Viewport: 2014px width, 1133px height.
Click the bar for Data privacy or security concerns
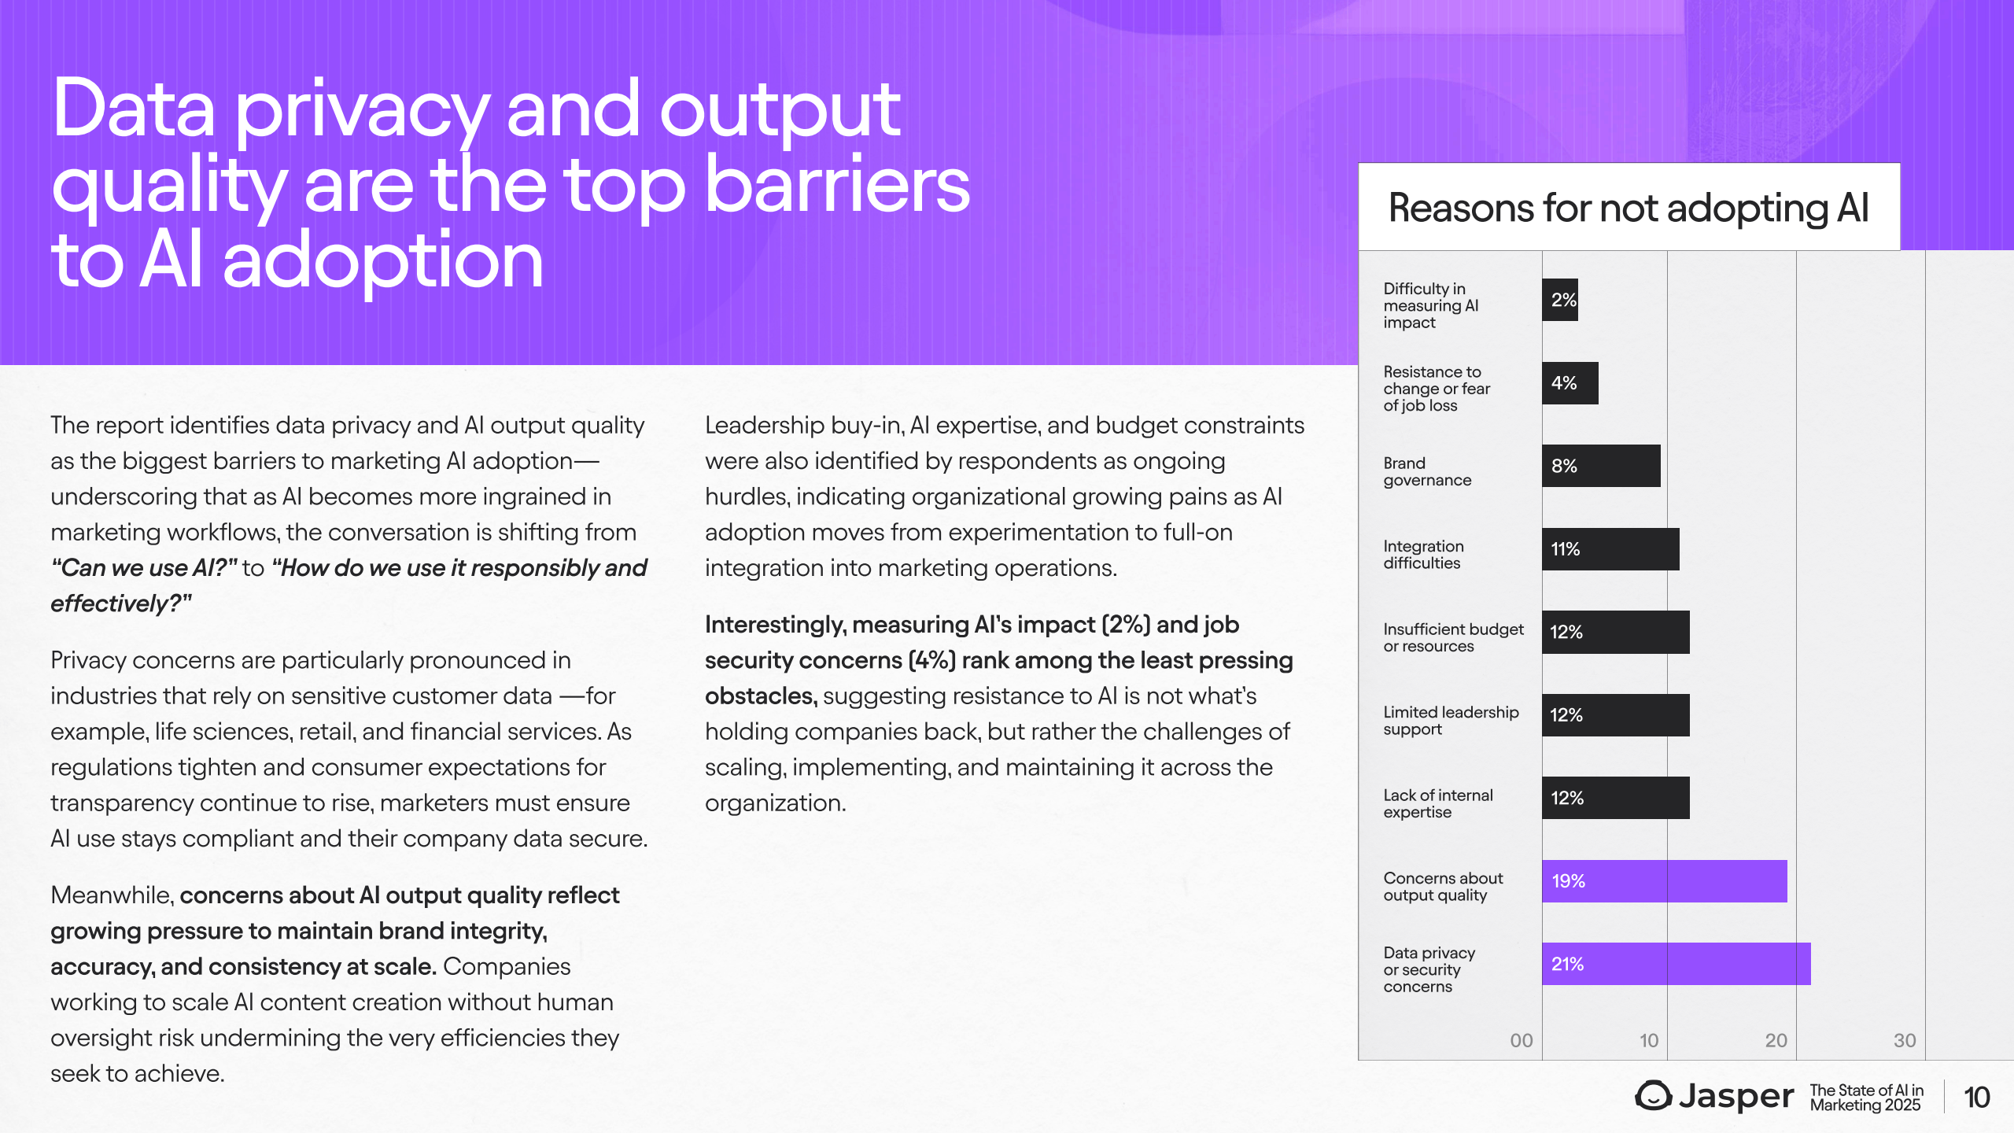pyautogui.click(x=1676, y=964)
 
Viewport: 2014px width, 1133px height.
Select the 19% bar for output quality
pyautogui.click(x=1664, y=881)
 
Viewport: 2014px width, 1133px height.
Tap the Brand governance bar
pyautogui.click(x=1601, y=466)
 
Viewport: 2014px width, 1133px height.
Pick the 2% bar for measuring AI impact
pyautogui.click(x=1560, y=300)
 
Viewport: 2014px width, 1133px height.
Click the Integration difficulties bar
pyautogui.click(x=1610, y=549)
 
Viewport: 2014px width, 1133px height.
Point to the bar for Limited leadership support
pyautogui.click(x=1615, y=715)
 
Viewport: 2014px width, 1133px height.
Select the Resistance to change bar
pyautogui.click(x=1570, y=383)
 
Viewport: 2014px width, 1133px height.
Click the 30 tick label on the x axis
pyautogui.click(x=1905, y=1040)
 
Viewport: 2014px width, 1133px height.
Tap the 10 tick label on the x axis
pyautogui.click(x=1649, y=1040)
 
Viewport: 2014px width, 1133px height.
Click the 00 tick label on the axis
pyautogui.click(x=1522, y=1040)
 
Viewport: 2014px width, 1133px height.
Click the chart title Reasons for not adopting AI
pyautogui.click(x=1629, y=208)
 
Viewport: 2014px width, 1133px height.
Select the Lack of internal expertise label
pyautogui.click(x=1438, y=803)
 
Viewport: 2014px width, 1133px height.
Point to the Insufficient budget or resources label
pyautogui.click(x=1453, y=637)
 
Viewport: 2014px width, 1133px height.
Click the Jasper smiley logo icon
pyautogui.click(x=1653, y=1095)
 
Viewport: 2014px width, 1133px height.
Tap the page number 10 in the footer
pyautogui.click(x=1977, y=1098)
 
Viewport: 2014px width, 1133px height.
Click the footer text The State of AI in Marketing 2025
pyautogui.click(x=1866, y=1098)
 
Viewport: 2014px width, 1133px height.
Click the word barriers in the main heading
pyautogui.click(x=837, y=186)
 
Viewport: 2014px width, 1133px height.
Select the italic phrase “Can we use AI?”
pyautogui.click(x=144, y=567)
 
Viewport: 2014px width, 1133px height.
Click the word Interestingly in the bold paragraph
pyautogui.click(x=775, y=625)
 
